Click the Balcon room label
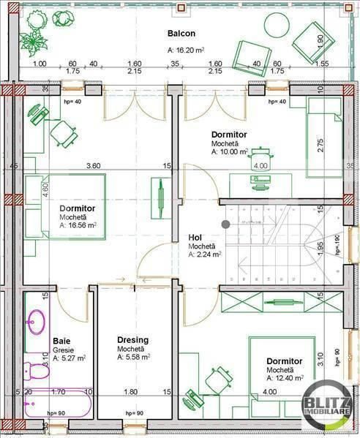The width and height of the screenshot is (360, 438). tap(181, 34)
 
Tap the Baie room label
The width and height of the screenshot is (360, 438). tap(61, 341)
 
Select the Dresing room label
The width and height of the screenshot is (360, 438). tap(133, 340)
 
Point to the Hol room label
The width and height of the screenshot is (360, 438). tap(195, 238)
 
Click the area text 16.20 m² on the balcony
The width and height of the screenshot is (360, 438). tap(184, 50)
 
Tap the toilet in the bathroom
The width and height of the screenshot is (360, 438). tap(37, 371)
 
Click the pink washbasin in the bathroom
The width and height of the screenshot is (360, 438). tap(36, 321)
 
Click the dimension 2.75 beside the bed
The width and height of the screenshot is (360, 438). tap(320, 145)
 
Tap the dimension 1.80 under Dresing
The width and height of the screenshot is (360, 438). tap(132, 392)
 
